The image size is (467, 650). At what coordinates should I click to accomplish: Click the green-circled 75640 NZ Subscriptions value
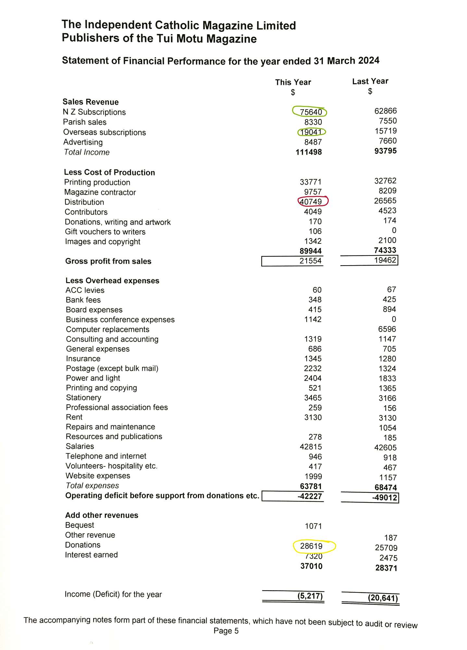pyautogui.click(x=311, y=112)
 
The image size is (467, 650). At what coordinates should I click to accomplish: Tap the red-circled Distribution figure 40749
pyautogui.click(x=311, y=202)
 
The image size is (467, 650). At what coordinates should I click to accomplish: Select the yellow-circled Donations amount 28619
pyautogui.click(x=311, y=546)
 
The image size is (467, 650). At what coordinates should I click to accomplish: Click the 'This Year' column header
pyautogui.click(x=293, y=82)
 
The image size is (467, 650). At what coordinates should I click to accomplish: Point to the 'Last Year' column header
pyautogui.click(x=370, y=81)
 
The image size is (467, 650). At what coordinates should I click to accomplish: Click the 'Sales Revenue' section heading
pyautogui.click(x=91, y=102)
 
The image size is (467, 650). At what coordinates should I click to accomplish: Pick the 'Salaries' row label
pyautogui.click(x=80, y=446)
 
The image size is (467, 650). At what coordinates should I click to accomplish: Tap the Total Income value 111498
pyautogui.click(x=309, y=152)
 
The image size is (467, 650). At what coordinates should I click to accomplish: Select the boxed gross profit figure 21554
pyautogui.click(x=310, y=261)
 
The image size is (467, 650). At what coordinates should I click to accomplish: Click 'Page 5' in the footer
pyautogui.click(x=226, y=631)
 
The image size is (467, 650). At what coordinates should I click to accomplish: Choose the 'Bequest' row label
pyautogui.click(x=80, y=525)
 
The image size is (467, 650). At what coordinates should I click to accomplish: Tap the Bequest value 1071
pyautogui.click(x=313, y=526)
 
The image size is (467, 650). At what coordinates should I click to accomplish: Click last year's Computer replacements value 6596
pyautogui.click(x=387, y=329)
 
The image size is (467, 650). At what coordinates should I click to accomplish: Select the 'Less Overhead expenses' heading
pyautogui.click(x=112, y=280)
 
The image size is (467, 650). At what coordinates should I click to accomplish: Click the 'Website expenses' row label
pyautogui.click(x=98, y=476)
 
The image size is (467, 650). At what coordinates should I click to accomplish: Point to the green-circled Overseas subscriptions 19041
pyautogui.click(x=311, y=132)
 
